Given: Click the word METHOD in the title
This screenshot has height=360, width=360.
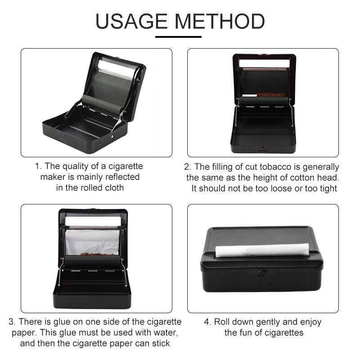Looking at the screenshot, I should [219, 21].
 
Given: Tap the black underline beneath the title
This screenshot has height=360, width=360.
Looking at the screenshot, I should [180, 36].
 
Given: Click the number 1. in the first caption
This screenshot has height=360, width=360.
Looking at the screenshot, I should [39, 166].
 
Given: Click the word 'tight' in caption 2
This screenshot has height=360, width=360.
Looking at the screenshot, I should [327, 188].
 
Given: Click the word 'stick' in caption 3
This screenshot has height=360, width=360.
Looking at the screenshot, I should [159, 344].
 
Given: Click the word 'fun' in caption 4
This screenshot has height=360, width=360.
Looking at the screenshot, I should [249, 333].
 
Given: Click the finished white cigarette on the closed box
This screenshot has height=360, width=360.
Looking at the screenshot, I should [262, 250].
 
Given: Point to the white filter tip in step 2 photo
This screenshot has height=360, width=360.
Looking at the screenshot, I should [249, 95].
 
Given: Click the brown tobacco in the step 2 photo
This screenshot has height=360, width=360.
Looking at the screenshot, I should [271, 95].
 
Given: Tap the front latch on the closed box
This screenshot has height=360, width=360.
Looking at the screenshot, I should [262, 272].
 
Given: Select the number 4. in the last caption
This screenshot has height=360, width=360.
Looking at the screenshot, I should [207, 322].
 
